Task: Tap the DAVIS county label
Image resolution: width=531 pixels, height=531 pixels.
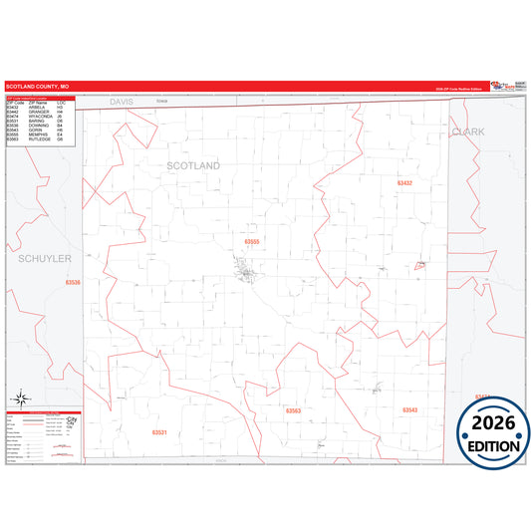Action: tap(122, 102)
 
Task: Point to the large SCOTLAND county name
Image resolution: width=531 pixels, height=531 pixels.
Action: tap(193, 164)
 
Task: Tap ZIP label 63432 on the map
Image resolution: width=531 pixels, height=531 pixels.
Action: tap(404, 183)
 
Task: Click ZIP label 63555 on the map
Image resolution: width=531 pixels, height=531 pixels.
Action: tap(252, 241)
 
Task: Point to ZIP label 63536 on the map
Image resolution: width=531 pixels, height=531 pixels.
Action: tap(73, 283)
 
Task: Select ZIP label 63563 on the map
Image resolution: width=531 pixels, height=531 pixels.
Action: tap(293, 410)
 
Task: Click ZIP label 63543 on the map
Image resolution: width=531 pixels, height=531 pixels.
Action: tap(409, 410)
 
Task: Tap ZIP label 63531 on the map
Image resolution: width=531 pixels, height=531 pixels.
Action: tap(159, 432)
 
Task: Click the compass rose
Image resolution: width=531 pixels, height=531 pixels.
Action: tap(19, 398)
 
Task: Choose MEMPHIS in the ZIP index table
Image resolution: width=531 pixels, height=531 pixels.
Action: tap(39, 133)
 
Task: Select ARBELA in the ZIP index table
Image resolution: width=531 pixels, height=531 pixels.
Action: tap(37, 107)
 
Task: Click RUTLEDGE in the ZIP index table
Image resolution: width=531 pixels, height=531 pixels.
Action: tap(40, 138)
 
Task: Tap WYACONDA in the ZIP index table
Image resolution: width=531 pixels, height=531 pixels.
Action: tap(41, 116)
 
